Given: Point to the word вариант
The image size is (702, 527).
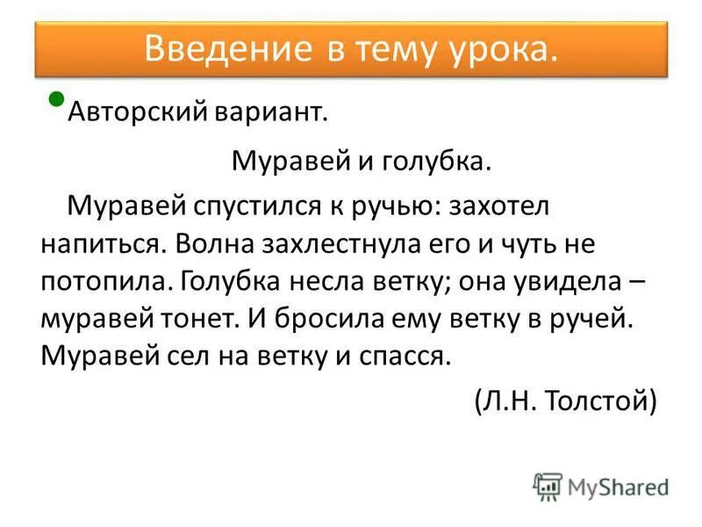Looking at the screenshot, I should coord(275,112).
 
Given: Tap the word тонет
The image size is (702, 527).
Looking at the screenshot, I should coord(199,319).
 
